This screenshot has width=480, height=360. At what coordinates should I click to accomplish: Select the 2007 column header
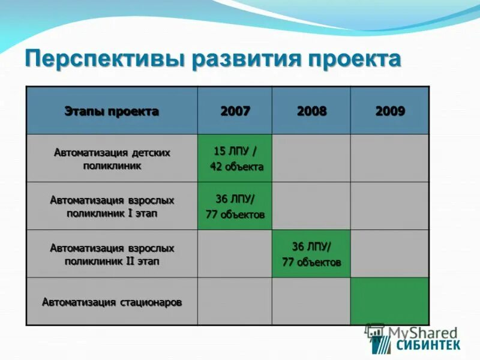235,111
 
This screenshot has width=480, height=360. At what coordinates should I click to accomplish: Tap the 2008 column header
311,111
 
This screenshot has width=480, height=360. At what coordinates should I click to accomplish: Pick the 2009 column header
390,111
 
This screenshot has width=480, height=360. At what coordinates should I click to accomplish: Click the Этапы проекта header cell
112,111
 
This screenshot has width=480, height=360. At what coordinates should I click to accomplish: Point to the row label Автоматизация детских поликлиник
112,159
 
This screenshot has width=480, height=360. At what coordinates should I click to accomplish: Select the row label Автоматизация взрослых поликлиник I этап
112,206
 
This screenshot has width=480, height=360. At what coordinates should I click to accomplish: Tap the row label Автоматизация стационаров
112,302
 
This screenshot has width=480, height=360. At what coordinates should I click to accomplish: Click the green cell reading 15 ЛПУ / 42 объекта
235,158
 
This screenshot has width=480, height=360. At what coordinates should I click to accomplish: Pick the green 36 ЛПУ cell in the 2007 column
235,206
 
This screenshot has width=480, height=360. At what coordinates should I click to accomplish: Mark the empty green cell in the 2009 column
390,302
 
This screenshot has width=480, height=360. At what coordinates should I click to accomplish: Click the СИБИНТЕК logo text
428,344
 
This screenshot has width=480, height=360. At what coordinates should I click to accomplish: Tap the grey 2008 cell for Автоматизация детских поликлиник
311,158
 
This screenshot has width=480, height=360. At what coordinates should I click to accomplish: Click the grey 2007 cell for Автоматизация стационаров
235,302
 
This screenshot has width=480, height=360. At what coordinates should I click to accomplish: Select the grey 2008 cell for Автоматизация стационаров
311,302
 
